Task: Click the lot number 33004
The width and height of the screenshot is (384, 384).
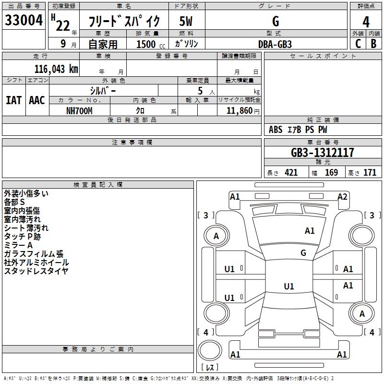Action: point(24,20)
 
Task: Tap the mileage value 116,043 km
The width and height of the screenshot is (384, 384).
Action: point(56,69)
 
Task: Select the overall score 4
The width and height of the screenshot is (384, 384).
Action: point(366,22)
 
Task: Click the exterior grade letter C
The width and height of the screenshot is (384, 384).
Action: point(358,44)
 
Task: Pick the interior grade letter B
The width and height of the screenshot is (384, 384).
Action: point(373,44)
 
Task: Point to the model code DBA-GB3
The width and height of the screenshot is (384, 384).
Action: point(275,44)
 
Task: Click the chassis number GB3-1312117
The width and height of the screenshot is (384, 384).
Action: point(323,153)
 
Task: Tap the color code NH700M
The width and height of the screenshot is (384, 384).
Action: point(79,111)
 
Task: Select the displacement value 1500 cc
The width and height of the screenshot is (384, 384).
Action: point(151,44)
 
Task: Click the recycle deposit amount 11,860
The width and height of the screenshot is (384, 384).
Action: point(239,111)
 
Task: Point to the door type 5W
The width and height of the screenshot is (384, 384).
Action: point(186,21)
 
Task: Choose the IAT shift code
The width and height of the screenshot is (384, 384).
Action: point(13,100)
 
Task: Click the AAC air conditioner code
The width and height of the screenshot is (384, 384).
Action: point(37,100)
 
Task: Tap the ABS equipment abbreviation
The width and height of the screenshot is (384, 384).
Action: point(276,130)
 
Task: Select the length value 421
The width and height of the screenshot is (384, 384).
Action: point(291,173)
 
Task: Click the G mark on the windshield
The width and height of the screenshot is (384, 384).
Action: point(303,252)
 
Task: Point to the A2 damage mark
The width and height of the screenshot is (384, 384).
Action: point(342,197)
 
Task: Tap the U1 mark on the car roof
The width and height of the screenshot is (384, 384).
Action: point(289,286)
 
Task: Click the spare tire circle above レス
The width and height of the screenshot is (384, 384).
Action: point(210,350)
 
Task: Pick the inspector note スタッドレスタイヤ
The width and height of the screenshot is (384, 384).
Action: point(36,271)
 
